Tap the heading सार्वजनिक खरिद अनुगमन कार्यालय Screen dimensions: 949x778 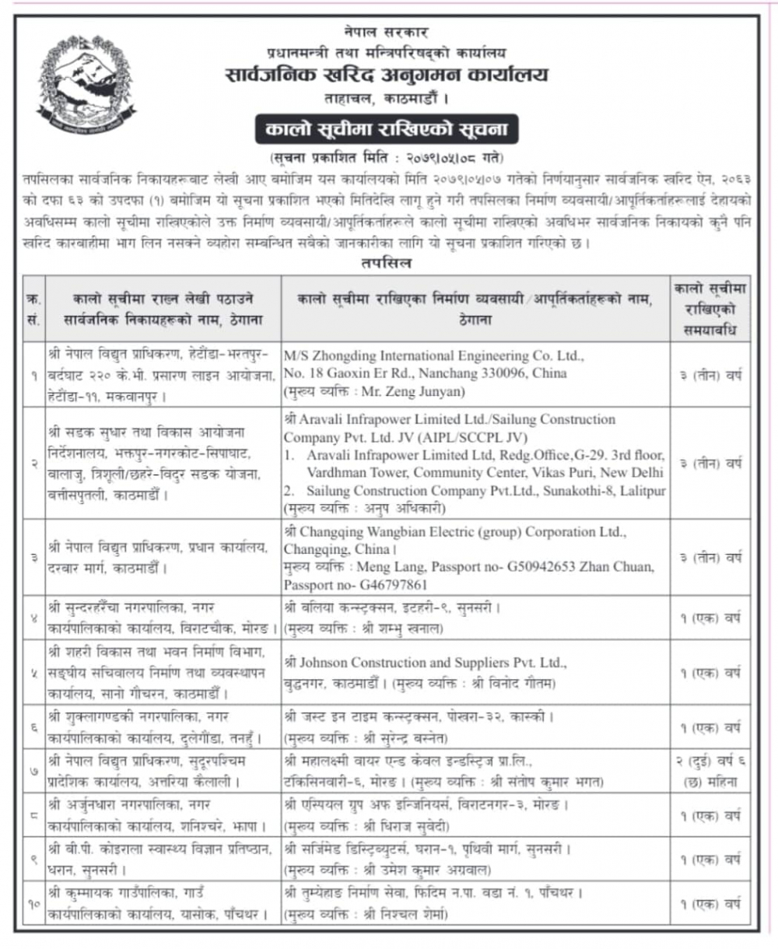point(387,75)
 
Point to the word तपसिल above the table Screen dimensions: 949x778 point(387,263)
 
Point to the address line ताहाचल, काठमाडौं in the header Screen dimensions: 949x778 point(387,99)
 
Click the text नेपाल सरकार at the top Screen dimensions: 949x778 point(387,33)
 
